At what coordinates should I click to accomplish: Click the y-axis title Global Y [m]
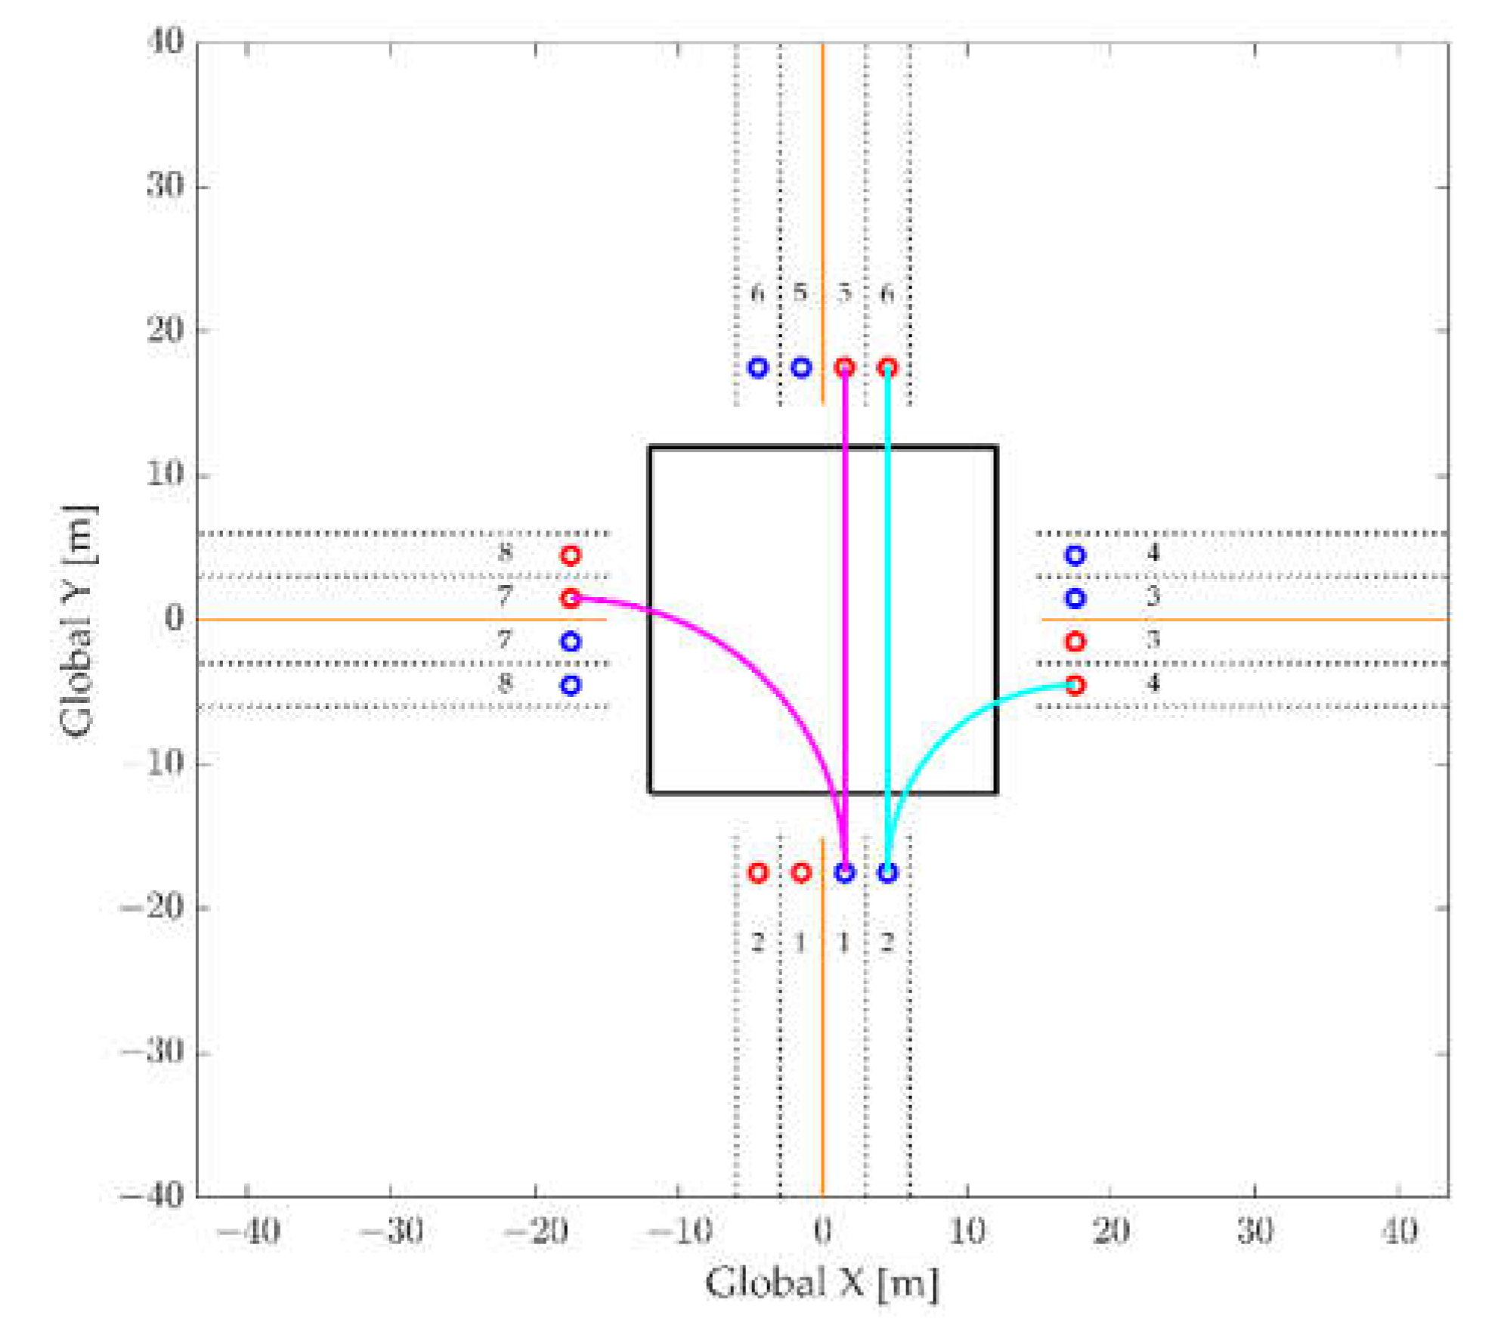78,620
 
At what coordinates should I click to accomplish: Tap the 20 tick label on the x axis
1111,1233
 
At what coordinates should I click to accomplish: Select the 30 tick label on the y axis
166,185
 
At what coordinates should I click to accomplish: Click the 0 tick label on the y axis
175,619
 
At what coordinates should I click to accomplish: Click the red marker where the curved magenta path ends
571,598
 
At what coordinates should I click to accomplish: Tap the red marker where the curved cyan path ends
1075,685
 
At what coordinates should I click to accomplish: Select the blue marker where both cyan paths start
887,872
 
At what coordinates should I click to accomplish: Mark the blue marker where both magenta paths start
844,872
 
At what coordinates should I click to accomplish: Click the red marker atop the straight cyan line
887,368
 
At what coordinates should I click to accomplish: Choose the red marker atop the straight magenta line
844,368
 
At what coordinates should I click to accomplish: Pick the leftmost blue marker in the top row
757,368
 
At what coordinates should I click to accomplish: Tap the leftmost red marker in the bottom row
757,872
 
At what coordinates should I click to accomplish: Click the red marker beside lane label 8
571,556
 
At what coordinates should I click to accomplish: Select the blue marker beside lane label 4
1075,556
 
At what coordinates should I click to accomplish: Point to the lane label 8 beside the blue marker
505,683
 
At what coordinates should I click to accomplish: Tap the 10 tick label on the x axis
967,1233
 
